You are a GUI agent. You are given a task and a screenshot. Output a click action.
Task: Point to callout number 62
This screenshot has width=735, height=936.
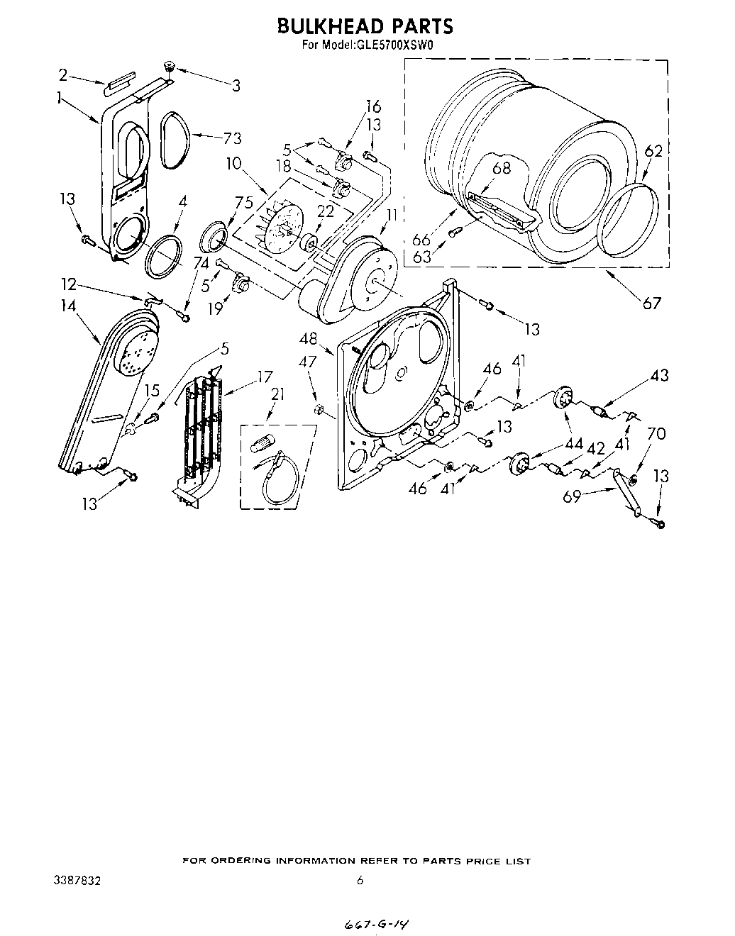coord(653,151)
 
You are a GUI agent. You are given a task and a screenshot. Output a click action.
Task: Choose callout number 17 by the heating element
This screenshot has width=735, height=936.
coord(265,377)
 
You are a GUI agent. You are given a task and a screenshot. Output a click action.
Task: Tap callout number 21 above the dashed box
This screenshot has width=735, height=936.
coord(277,394)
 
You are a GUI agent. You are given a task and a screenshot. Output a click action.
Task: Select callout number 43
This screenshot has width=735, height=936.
coord(659,375)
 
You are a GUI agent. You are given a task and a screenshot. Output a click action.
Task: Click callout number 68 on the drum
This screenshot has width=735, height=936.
coord(502,168)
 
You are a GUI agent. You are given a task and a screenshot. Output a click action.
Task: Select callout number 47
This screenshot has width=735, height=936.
coord(307,362)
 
